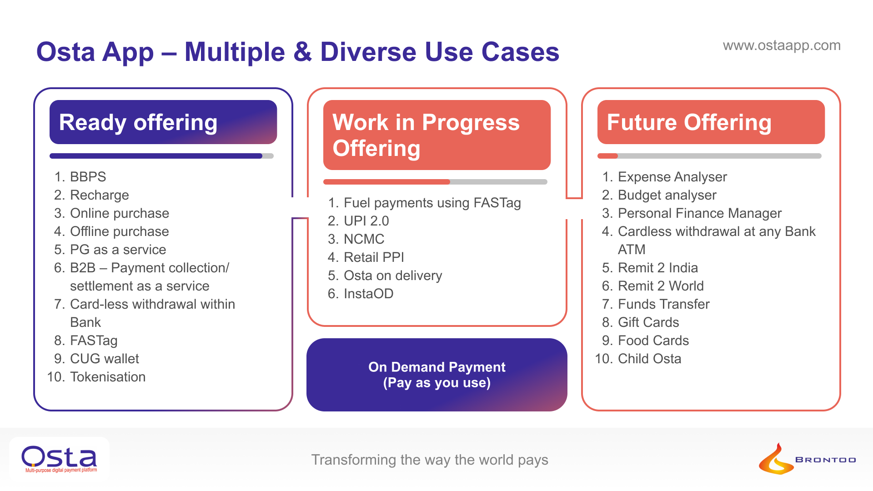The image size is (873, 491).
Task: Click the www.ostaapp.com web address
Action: coord(781,45)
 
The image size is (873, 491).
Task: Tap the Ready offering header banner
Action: coord(163,122)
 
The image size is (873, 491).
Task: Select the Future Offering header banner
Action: coord(711,122)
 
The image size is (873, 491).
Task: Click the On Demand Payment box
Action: coord(436,375)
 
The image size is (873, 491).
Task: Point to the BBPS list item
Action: coord(88,177)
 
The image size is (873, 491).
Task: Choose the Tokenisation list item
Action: coord(108,377)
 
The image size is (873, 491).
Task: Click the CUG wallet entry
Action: coord(104,359)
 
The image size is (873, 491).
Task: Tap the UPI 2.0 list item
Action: coord(366,221)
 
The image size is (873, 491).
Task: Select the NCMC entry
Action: coord(364,239)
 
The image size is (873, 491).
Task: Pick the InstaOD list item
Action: coord(368,294)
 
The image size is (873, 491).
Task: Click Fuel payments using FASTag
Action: coord(432,203)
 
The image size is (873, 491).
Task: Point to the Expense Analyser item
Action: coord(672,177)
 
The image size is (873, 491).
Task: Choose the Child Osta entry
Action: coord(649,359)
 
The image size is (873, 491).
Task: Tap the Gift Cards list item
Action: coord(648,322)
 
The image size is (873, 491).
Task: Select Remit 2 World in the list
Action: coord(661,286)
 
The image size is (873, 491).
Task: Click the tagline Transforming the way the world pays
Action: coord(430,460)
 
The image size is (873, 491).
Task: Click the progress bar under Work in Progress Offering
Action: coord(435,182)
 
